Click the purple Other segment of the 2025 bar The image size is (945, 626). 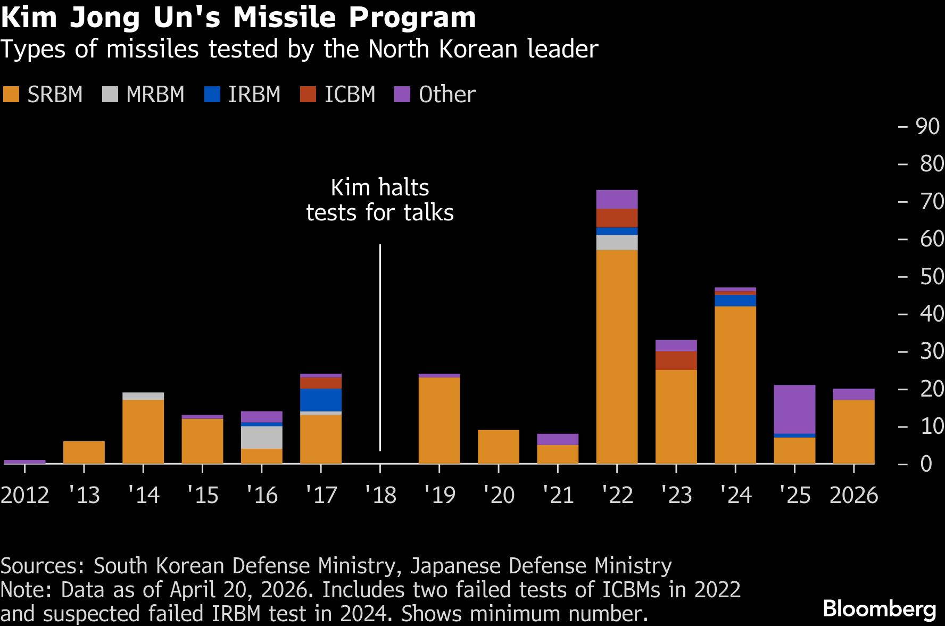pos(794,409)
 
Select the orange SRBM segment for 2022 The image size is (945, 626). pos(617,357)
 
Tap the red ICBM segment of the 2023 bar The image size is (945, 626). pos(676,360)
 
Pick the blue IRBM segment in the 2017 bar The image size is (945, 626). pos(320,400)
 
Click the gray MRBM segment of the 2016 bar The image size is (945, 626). pos(261,437)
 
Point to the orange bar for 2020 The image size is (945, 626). pos(498,447)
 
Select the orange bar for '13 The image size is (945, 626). pos(84,452)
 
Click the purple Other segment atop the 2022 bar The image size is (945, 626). pos(617,199)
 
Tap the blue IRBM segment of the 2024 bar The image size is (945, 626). pos(735,301)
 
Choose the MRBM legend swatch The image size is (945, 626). pos(110,95)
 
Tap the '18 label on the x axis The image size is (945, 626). pos(380,495)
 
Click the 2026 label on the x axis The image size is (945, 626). pos(853,495)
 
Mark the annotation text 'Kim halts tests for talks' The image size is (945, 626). pos(380,200)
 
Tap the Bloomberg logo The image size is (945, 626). pos(879,608)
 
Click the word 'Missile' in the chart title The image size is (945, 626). pos(285,17)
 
